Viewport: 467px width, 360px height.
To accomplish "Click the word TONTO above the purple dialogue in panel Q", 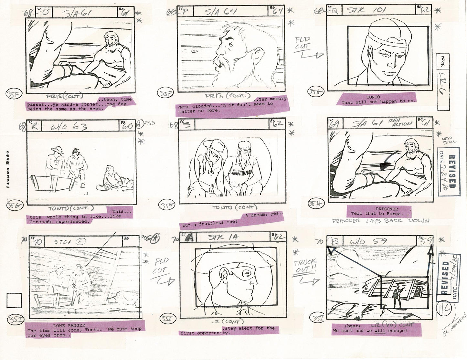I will coord(373,97).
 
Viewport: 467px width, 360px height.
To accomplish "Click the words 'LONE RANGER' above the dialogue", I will coord(69,325).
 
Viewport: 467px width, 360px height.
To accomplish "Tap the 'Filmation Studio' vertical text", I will coord(7,169).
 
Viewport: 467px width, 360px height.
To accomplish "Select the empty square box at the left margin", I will coord(14,301).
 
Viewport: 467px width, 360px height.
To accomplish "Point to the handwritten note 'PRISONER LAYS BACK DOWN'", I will coord(380,221).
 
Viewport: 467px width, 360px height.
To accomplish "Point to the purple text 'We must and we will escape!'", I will coord(370,331).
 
